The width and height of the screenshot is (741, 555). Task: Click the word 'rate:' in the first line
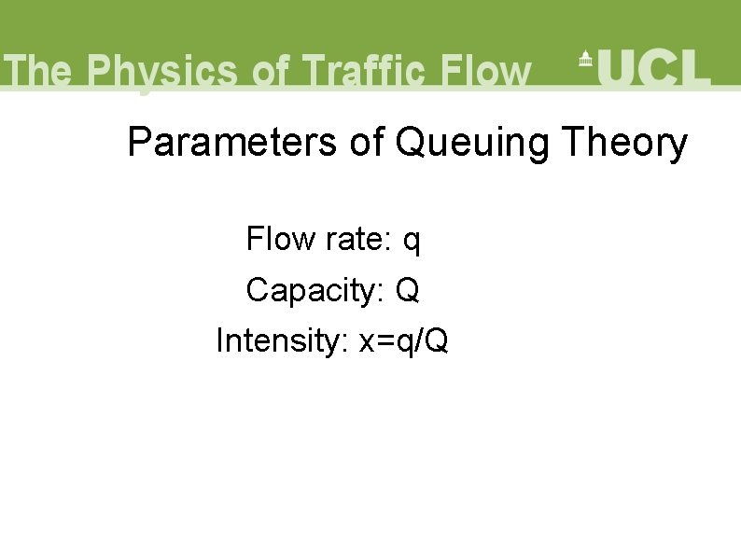[358, 240]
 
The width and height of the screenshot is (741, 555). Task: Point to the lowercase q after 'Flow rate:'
[412, 243]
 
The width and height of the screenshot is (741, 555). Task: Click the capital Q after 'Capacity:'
[407, 291]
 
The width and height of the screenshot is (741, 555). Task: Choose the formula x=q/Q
[403, 341]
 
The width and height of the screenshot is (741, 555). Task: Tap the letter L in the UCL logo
[696, 67]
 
